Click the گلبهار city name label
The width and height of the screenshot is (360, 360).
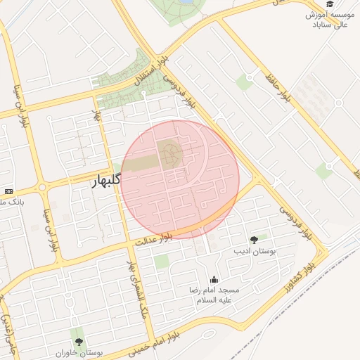pyautogui.click(x=106, y=181)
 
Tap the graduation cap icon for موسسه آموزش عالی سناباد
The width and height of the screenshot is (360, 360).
pyautogui.click(x=330, y=4)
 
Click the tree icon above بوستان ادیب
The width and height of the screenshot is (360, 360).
pyautogui.click(x=254, y=240)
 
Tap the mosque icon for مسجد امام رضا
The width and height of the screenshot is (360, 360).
pyautogui.click(x=214, y=280)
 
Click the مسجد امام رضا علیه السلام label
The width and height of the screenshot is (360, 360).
pyautogui.click(x=214, y=295)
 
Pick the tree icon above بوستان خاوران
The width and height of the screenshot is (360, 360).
pyautogui.click(x=78, y=341)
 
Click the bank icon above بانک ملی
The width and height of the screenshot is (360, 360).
pyautogui.click(x=8, y=191)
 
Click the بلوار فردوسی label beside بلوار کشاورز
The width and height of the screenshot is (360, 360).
pyautogui.click(x=294, y=221)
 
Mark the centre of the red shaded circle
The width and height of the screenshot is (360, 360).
pyautogui.click(x=180, y=179)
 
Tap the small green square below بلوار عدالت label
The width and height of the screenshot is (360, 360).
pyautogui.click(x=162, y=262)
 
